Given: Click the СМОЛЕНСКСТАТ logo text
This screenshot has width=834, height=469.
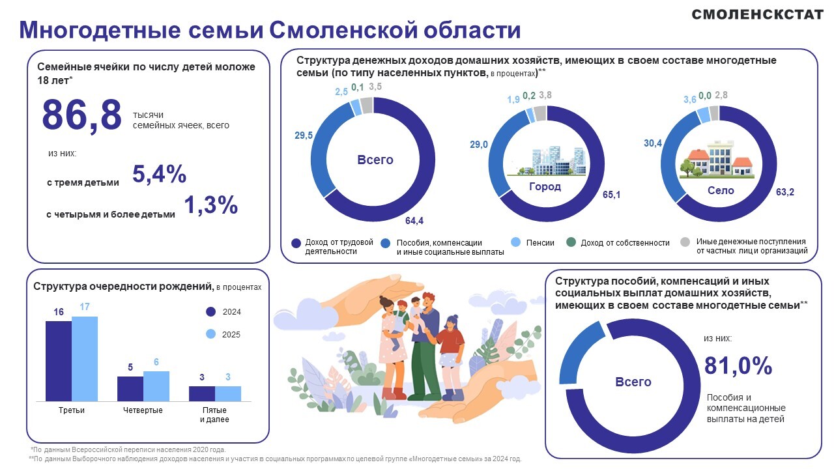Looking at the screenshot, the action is [x=757, y=14].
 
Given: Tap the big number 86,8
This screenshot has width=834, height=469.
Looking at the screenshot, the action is [x=81, y=115].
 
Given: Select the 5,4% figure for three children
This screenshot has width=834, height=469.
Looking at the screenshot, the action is [x=160, y=173].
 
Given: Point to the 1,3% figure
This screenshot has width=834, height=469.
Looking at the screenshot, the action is [x=210, y=205].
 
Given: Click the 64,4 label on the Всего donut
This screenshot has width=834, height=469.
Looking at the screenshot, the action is [x=414, y=221].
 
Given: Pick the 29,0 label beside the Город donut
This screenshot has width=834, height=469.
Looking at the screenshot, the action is [x=478, y=145].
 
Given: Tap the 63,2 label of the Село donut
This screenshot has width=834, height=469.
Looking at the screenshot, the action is [x=785, y=192].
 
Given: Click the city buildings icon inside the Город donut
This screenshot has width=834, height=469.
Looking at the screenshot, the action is [x=546, y=161].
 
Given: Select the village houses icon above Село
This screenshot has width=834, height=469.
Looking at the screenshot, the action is [x=717, y=159].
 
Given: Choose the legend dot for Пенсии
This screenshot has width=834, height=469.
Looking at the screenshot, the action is [x=515, y=242].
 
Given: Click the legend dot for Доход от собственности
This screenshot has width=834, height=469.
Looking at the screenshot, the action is [x=571, y=242].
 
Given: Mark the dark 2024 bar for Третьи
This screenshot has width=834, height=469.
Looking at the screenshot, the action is [x=59, y=361].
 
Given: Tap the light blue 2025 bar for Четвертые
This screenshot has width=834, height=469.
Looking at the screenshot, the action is [x=156, y=386].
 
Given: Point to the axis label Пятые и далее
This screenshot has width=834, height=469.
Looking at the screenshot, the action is [x=214, y=415].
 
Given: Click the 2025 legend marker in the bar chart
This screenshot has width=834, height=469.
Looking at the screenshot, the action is [x=210, y=334].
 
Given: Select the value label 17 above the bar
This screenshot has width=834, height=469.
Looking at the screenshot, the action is [x=85, y=307].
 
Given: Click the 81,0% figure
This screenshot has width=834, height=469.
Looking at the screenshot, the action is [x=738, y=365].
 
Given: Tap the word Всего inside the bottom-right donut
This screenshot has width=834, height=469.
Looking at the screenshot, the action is [x=633, y=382].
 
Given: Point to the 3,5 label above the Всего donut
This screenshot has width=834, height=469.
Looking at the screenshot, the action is [x=375, y=87].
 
